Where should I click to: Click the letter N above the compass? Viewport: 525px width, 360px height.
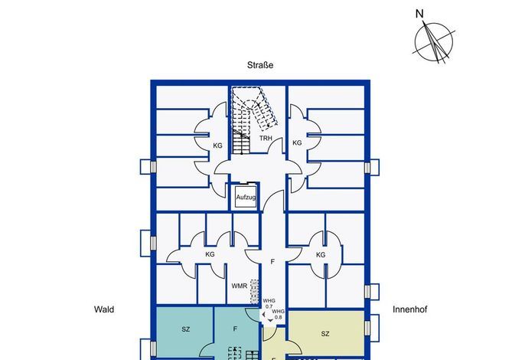[x=419, y=14]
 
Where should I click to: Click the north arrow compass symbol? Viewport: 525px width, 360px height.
[x=434, y=42]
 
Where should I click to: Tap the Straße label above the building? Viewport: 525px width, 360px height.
[x=260, y=65]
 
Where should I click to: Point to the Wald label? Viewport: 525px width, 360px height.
[x=104, y=309]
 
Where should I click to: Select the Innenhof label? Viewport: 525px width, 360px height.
[x=410, y=309]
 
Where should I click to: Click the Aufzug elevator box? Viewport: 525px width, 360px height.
[x=246, y=197]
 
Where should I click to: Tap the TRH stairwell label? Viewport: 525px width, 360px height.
[x=266, y=138]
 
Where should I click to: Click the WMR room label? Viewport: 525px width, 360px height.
[x=240, y=286]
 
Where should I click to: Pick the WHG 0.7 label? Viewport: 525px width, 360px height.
[x=269, y=303]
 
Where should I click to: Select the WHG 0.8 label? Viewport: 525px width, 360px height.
[x=278, y=314]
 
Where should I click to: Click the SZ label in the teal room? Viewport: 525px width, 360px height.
[x=186, y=329]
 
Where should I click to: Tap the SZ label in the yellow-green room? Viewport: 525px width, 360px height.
[x=325, y=333]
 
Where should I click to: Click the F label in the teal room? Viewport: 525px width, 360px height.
[x=235, y=329]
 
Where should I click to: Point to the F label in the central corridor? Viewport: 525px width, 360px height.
[x=272, y=262]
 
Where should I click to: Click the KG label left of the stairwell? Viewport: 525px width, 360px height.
[x=217, y=146]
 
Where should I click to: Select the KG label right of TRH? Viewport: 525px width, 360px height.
[x=297, y=142]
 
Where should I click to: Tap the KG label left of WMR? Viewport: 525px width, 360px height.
[x=210, y=254]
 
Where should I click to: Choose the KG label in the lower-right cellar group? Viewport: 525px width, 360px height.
[x=321, y=255]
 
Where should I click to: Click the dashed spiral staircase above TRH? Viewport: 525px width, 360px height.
[x=254, y=110]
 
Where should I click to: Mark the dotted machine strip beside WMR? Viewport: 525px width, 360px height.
[x=255, y=292]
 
